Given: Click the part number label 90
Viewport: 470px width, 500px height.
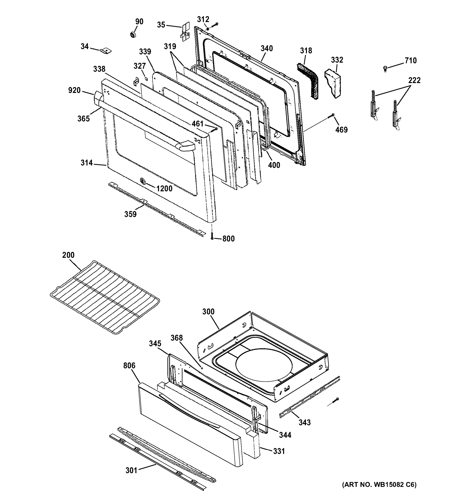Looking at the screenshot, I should (x=139, y=22).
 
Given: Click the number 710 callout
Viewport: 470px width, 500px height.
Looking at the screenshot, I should (x=410, y=61).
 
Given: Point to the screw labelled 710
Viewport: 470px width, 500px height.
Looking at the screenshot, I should (x=385, y=68).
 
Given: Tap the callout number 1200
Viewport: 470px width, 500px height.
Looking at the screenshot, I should (x=164, y=189).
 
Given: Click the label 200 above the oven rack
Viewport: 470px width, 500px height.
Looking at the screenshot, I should (x=68, y=255).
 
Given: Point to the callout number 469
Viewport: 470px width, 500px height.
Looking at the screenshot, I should (x=341, y=130).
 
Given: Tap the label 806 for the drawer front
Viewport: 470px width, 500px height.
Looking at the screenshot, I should (x=129, y=365).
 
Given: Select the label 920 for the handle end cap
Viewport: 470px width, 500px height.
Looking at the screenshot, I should (x=74, y=90).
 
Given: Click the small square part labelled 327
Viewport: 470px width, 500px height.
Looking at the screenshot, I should (x=146, y=79).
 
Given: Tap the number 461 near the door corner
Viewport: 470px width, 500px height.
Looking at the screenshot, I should (x=197, y=124).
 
